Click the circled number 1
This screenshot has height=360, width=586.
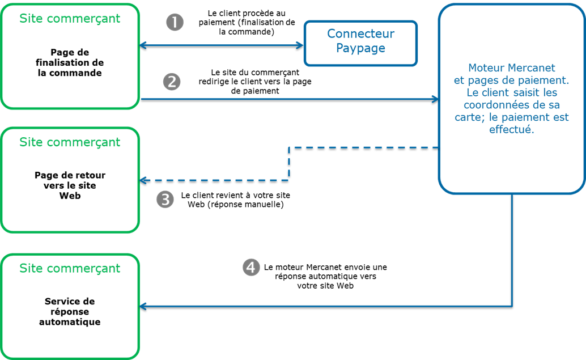175,23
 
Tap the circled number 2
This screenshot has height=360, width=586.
171,82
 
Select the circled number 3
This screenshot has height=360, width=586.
165,200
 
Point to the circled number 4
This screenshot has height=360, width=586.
251,267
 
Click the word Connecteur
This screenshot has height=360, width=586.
361,34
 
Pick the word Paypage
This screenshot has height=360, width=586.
361,48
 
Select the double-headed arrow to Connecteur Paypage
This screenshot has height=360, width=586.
222,45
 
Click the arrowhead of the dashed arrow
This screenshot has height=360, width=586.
143,180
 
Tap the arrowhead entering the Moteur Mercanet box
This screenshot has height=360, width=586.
435,99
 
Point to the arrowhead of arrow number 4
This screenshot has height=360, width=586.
143,307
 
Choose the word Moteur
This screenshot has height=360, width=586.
485,68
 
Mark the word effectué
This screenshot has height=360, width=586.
511,129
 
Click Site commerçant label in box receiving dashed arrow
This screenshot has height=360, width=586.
70,142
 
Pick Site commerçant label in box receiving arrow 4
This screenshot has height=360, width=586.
70,268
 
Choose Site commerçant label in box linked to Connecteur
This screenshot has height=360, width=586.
70,19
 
